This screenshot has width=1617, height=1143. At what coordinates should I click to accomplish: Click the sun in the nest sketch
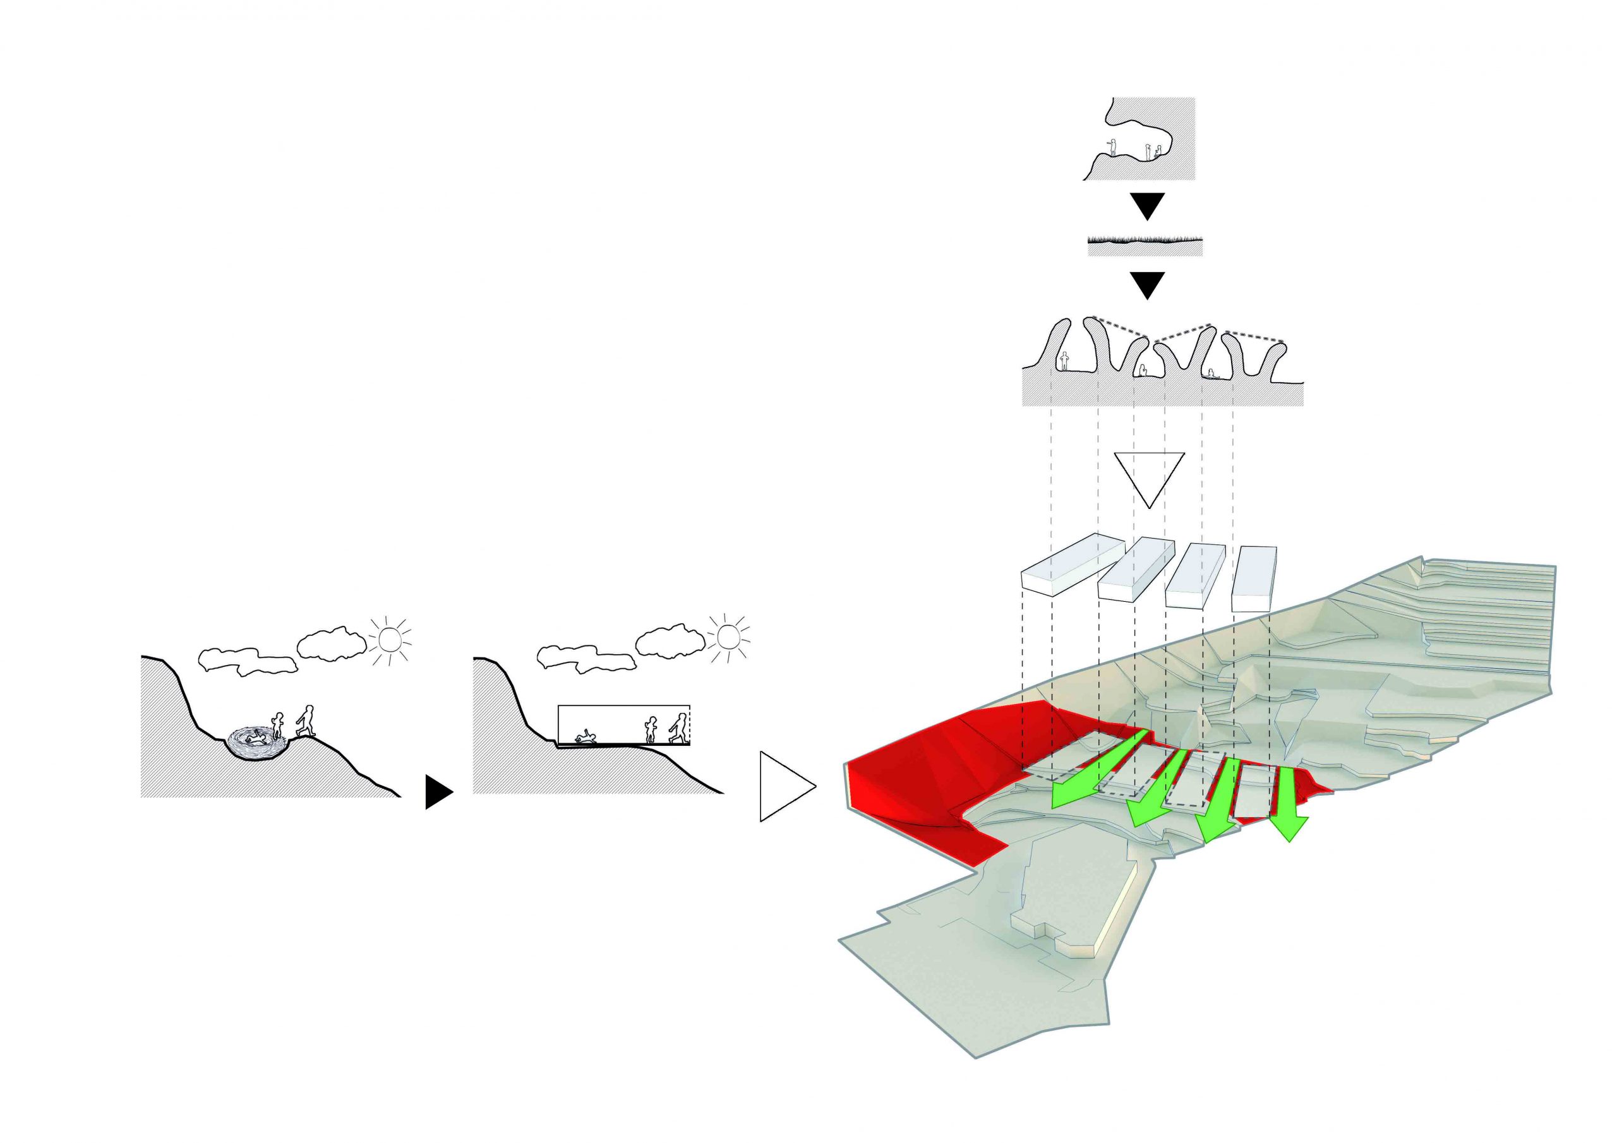pyautogui.click(x=388, y=640)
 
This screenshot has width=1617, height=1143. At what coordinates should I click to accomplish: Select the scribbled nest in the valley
pyautogui.click(x=256, y=741)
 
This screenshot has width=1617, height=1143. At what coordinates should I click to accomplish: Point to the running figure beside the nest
pyautogui.click(x=305, y=721)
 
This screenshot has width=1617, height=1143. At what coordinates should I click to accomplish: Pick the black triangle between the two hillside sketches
pyautogui.click(x=438, y=792)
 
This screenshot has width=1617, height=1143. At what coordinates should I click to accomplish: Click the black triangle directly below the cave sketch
pyautogui.click(x=1146, y=206)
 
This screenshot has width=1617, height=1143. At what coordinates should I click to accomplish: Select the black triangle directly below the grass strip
pyautogui.click(x=1146, y=285)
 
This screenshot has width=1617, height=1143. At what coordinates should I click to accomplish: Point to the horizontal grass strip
pyautogui.click(x=1145, y=244)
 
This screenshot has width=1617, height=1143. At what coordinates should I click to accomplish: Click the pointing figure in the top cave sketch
pyautogui.click(x=1113, y=147)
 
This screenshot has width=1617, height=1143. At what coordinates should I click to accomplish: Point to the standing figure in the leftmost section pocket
pyautogui.click(x=1064, y=362)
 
